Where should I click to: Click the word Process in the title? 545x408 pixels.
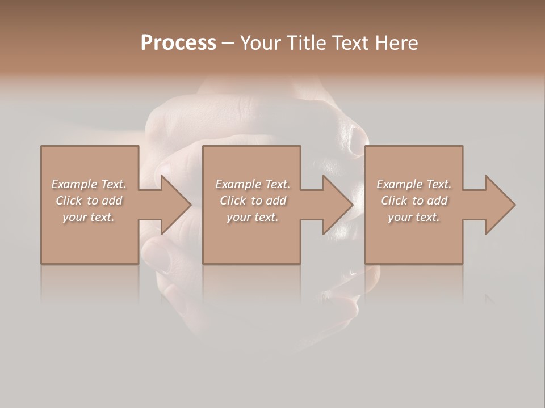[178, 42]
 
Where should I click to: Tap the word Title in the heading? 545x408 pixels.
[305, 42]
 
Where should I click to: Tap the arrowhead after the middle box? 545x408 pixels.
[337, 205]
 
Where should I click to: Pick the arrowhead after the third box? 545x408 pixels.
[499, 205]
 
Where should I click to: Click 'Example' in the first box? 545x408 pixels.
[74, 184]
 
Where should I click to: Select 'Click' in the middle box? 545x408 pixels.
[232, 201]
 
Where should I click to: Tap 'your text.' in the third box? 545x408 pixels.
[413, 217]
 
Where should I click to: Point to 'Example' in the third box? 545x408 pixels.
[399, 184]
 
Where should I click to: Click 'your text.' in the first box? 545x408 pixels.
[88, 217]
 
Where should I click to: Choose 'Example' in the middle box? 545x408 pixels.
[238, 184]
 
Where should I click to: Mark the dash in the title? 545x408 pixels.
[228, 43]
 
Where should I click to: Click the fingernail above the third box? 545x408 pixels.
[357, 139]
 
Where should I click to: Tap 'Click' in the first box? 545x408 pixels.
[68, 201]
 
